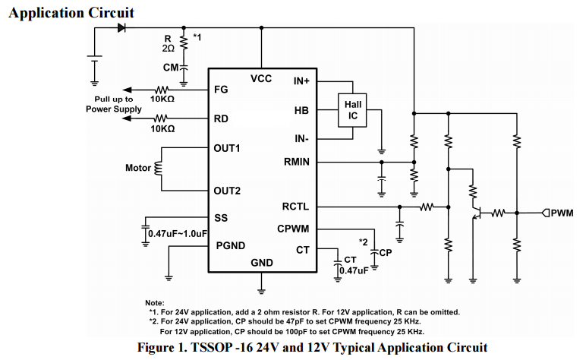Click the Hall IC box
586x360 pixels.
click(x=352, y=110)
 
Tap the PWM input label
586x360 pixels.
click(x=562, y=213)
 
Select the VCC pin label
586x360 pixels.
click(x=261, y=78)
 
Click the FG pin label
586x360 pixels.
click(x=222, y=90)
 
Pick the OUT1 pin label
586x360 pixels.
click(x=227, y=148)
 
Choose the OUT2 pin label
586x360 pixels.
click(x=227, y=190)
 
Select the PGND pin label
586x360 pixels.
click(x=231, y=245)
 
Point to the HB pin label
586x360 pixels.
click(x=302, y=110)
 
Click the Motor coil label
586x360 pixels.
click(x=138, y=168)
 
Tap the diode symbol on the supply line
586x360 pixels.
click(x=121, y=28)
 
